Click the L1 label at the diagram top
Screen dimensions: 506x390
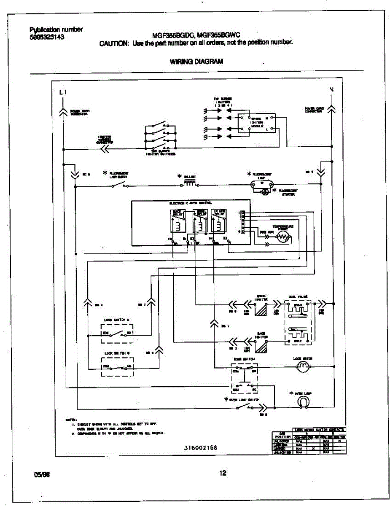(63, 92)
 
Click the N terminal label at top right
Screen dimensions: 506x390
(331, 89)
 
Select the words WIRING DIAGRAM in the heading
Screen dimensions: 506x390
(196, 61)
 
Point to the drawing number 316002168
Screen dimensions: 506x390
(200, 447)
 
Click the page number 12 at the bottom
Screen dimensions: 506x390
(222, 473)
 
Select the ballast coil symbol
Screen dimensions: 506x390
(191, 183)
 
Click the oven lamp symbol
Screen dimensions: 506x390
(302, 403)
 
